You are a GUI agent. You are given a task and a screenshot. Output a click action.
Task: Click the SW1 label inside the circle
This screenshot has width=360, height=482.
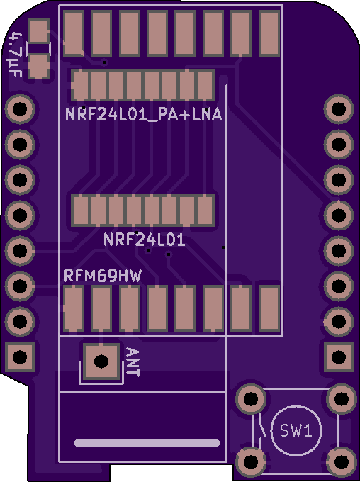pos(296,430)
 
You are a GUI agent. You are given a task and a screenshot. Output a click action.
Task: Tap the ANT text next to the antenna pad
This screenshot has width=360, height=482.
pos(133,362)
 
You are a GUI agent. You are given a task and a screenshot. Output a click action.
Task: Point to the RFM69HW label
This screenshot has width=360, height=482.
pos(103,276)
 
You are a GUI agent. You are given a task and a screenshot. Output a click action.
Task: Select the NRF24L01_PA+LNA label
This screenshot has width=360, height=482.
pos(143,114)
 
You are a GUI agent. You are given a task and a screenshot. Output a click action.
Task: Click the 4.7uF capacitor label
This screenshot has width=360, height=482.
pos(16,55)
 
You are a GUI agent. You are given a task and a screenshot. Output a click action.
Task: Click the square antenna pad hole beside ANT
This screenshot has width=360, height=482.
pos(101,361)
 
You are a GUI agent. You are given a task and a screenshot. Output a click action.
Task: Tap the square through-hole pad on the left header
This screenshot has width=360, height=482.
pos(20,357)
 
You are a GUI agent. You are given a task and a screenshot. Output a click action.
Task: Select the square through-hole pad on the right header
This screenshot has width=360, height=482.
pos(339,357)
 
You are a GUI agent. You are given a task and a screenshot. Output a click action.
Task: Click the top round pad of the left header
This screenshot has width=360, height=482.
pos(20,109)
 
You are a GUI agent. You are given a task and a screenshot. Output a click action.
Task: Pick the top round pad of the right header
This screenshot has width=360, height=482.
pos(339,109)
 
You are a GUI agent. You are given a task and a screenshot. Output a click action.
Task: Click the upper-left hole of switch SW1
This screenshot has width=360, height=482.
pos(251,399)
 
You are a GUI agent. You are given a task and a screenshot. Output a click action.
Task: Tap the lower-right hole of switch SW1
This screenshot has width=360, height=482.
pos(341,461)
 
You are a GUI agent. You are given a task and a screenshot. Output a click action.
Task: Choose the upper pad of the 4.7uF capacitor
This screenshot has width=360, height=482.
pos(39,31)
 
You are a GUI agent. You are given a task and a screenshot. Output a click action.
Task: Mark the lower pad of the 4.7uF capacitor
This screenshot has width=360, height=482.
pos(39,66)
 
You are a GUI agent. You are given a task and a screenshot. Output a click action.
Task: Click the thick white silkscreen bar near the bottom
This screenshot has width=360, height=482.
pos(147,443)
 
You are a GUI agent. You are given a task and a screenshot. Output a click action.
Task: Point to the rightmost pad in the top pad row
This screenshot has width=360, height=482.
pos(269,33)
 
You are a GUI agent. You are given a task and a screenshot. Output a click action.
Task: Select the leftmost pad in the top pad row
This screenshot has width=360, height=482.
pos(74,33)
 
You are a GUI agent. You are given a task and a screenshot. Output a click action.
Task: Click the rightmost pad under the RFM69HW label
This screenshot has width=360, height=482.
pos(269,308)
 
